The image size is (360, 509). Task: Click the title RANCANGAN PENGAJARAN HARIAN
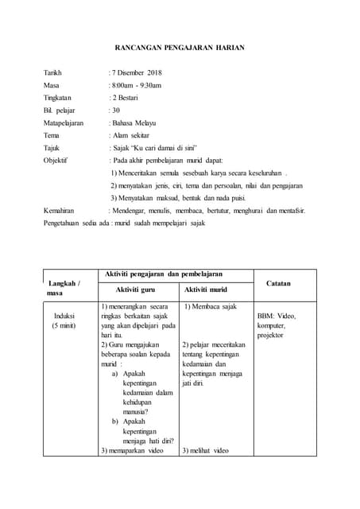click(180, 49)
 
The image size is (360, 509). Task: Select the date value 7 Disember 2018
click(136, 73)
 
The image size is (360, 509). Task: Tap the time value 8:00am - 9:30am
click(136, 86)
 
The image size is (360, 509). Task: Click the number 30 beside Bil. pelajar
click(115, 111)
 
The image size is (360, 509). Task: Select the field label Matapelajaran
click(64, 123)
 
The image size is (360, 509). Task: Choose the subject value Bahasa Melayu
click(134, 123)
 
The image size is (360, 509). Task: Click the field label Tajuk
click(52, 148)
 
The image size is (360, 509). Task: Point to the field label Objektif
click(56, 161)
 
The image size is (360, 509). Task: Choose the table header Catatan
click(278, 283)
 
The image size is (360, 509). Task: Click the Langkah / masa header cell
click(64, 287)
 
